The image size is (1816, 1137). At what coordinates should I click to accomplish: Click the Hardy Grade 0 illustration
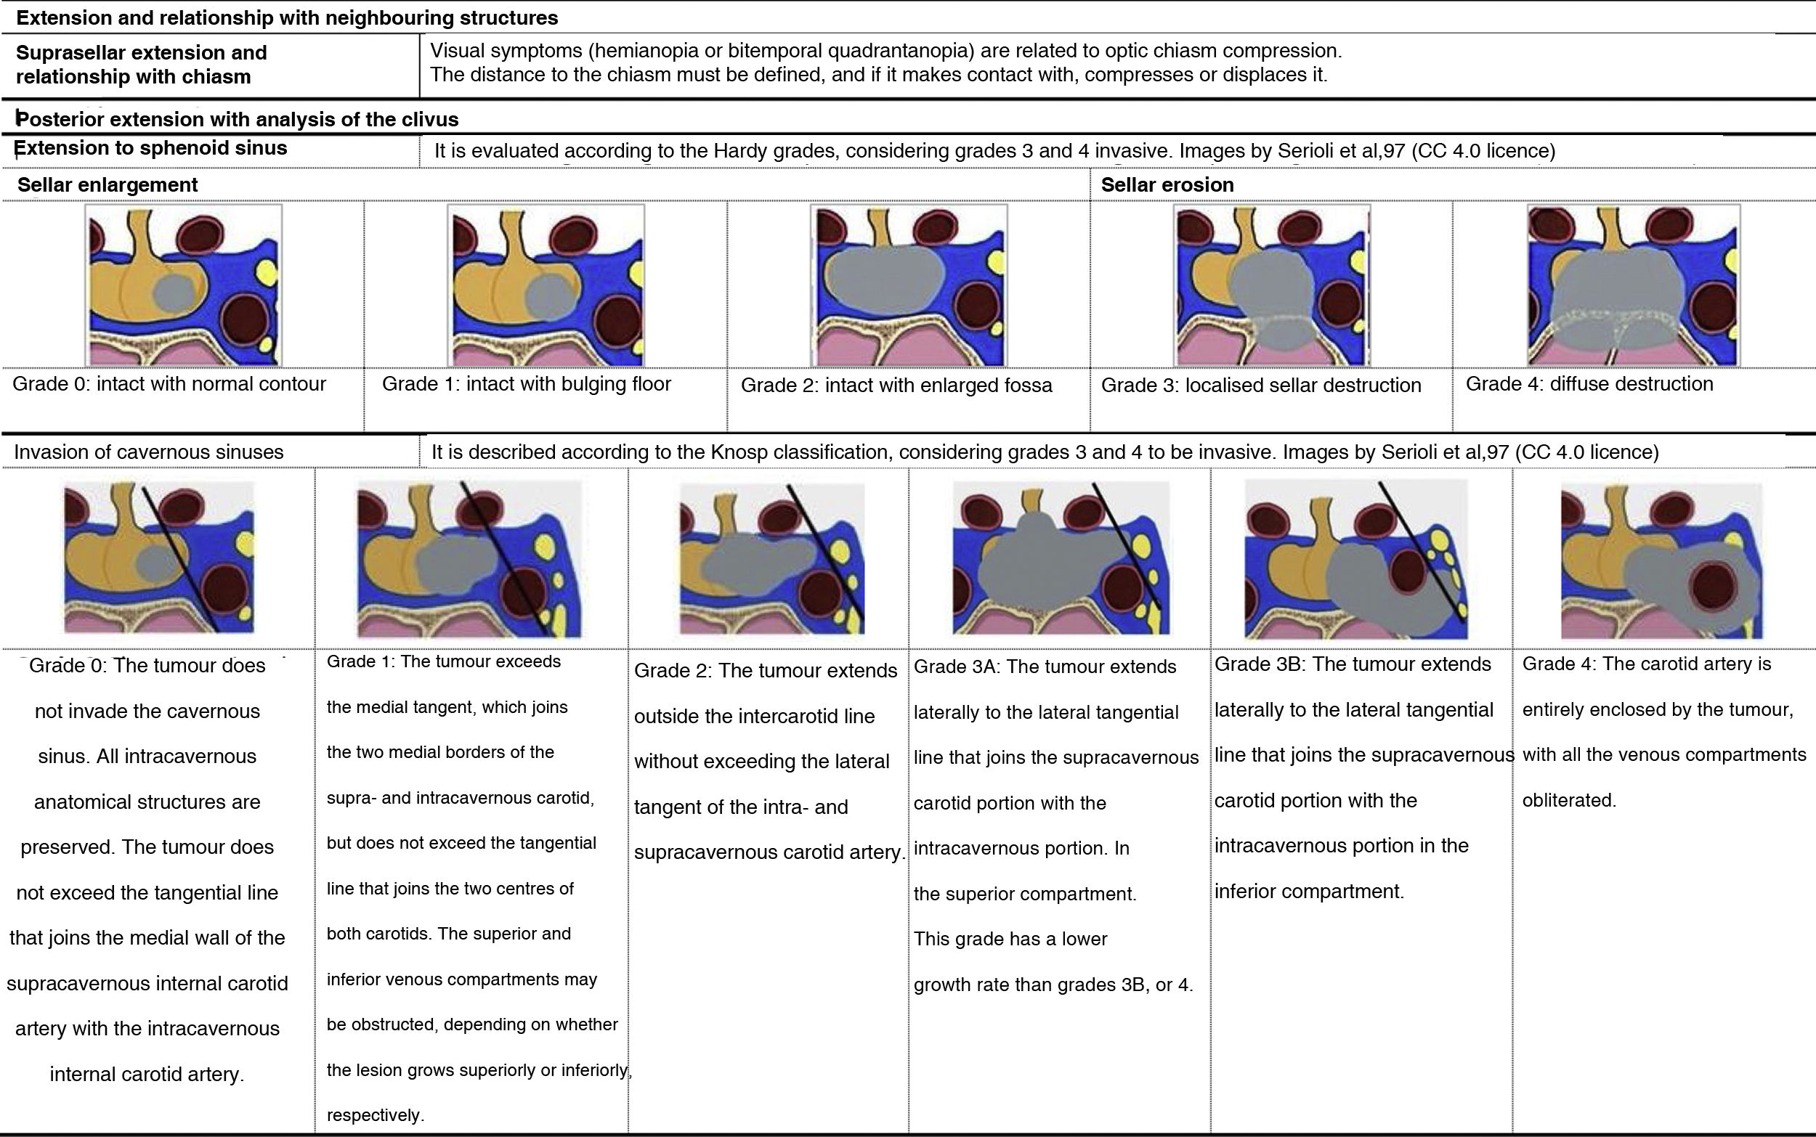pyautogui.click(x=184, y=286)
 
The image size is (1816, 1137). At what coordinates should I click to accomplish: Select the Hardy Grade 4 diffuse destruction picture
pyautogui.click(x=1633, y=286)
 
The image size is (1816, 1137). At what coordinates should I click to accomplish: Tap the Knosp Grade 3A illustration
pyautogui.click(x=1061, y=558)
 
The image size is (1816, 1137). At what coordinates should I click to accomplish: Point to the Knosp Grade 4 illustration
pyautogui.click(x=1661, y=561)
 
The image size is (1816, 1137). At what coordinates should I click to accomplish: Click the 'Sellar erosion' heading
pyautogui.click(x=1167, y=185)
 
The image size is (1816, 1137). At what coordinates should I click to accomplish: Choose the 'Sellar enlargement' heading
pyautogui.click(x=108, y=185)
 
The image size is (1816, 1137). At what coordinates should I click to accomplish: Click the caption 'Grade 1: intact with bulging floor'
pyautogui.click(x=527, y=384)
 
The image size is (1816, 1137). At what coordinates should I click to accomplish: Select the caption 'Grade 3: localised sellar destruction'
pyautogui.click(x=1261, y=386)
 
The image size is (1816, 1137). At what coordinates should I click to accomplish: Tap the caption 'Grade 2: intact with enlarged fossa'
pyautogui.click(x=896, y=386)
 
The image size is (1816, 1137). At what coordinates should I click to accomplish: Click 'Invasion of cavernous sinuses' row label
pyautogui.click(x=148, y=452)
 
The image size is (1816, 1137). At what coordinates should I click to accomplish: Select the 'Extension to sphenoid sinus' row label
pyautogui.click(x=151, y=148)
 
